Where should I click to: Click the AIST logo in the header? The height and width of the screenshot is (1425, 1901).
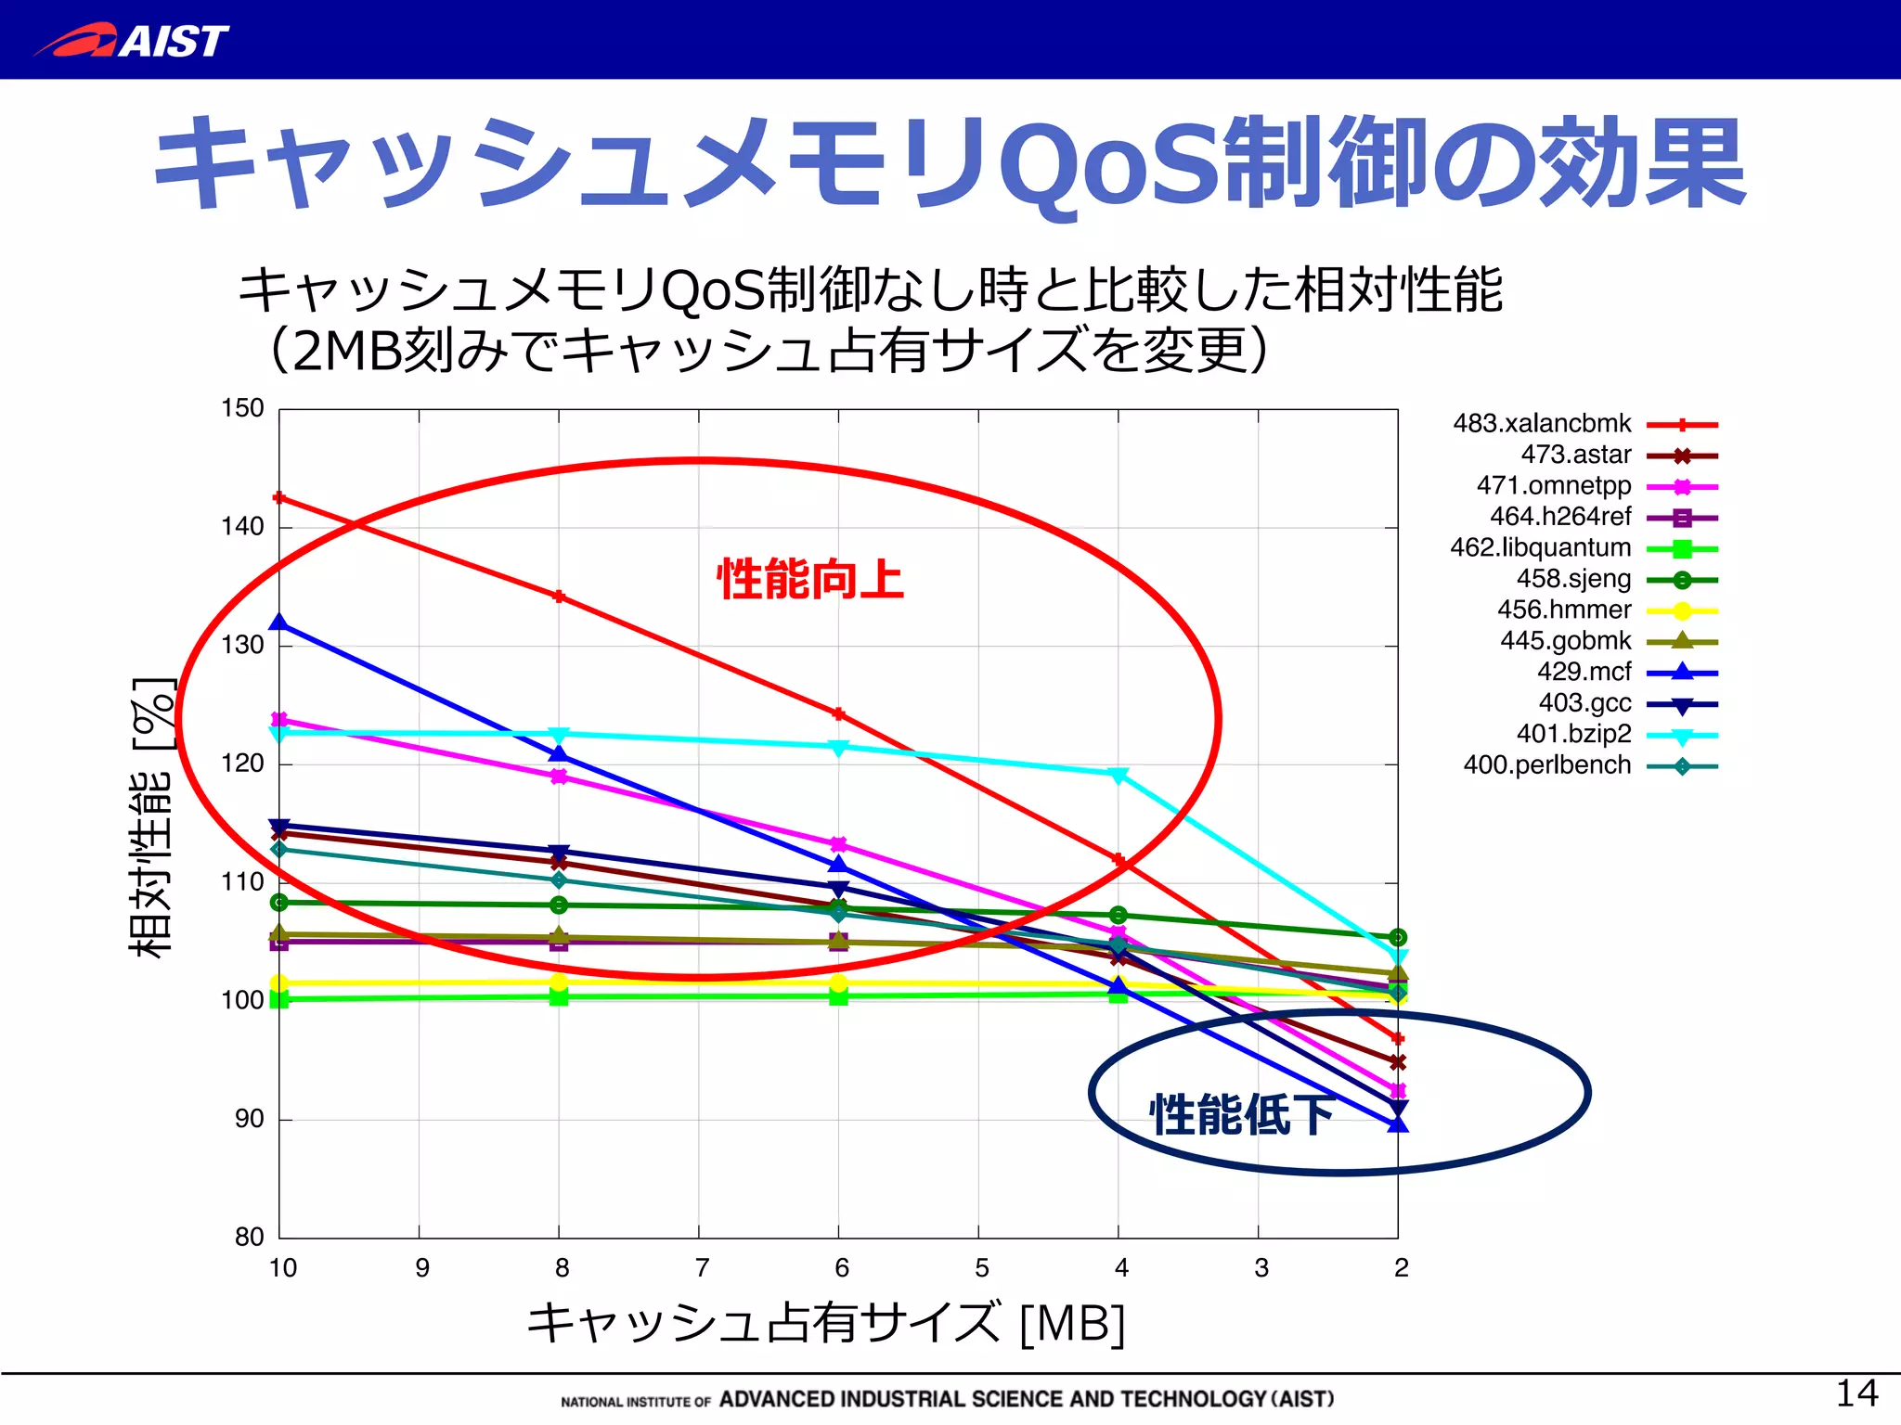point(132,41)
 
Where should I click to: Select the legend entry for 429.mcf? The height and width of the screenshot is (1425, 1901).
point(1584,672)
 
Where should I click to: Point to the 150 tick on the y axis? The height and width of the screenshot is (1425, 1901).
point(242,408)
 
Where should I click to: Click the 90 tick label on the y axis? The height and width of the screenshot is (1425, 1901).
point(249,1119)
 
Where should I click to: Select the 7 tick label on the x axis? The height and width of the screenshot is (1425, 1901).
point(702,1268)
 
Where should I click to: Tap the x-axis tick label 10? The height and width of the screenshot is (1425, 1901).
point(282,1268)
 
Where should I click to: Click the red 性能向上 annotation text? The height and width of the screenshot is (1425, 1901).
point(809,580)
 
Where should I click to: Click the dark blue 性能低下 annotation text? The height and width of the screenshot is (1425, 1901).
point(1242,1114)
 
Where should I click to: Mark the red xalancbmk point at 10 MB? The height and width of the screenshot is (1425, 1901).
point(279,498)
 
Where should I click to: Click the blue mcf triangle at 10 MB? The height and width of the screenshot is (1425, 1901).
point(279,623)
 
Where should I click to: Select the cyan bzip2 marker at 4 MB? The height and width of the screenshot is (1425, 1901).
point(1119,775)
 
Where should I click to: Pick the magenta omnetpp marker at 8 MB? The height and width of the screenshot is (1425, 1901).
point(559,777)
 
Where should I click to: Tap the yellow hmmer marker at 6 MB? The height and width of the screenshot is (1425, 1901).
point(838,983)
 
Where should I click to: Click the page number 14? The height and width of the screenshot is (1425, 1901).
point(1856,1393)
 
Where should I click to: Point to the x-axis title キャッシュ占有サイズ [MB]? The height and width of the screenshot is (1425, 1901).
point(825,1323)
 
